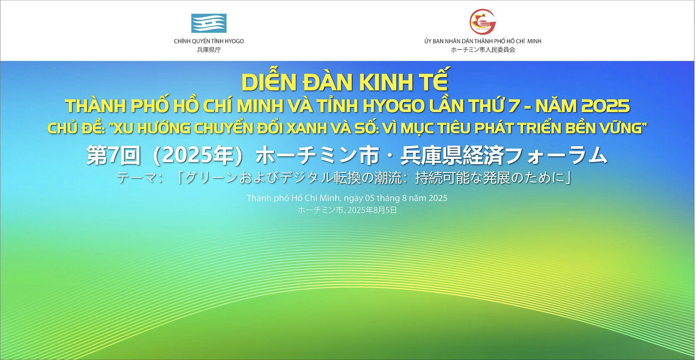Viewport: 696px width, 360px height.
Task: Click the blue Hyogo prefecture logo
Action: click(x=208, y=23)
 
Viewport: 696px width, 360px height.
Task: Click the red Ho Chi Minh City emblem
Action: click(x=483, y=22)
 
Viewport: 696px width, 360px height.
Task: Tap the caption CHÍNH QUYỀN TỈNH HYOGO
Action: click(x=209, y=41)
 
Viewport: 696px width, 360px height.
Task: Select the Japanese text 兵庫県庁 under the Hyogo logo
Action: click(x=209, y=50)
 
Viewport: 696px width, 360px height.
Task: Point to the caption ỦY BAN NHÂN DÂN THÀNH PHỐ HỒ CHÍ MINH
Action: click(x=483, y=41)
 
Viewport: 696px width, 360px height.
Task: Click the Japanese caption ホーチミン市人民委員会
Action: click(x=483, y=50)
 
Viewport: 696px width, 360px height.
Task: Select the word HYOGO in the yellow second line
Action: click(x=394, y=106)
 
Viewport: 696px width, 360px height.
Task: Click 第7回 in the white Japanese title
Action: click(x=114, y=156)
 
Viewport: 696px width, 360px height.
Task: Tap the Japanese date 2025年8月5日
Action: click(x=372, y=210)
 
